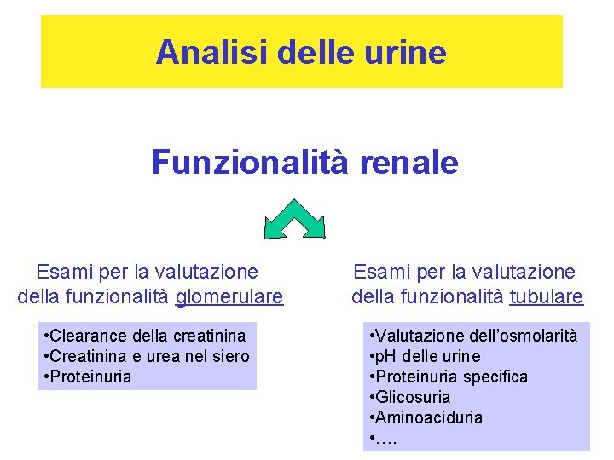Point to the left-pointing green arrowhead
coord(275,227)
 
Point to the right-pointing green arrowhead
coord(315,227)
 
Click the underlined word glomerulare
coord(229,296)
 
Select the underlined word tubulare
coord(547,296)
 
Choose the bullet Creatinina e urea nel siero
coord(146,356)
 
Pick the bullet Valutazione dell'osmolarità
coord(473,336)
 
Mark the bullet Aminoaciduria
coord(426,417)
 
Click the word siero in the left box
coord(229,356)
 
